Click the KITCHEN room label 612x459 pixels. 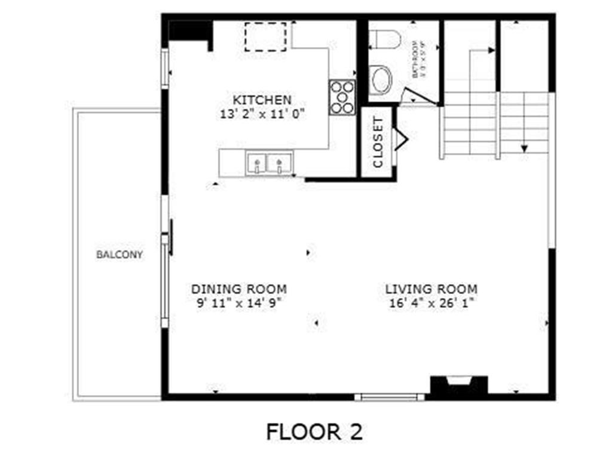point(262,100)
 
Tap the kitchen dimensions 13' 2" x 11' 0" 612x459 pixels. point(262,113)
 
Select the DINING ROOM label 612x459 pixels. point(238,289)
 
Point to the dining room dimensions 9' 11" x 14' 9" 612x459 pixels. point(238,302)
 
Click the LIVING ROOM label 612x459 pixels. point(431,289)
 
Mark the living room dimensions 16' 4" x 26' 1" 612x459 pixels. point(431,303)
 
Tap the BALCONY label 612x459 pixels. point(120,255)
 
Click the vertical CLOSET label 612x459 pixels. point(377,142)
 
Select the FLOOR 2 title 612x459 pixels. point(314,431)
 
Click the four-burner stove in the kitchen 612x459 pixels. point(342,97)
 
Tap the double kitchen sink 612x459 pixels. point(269,163)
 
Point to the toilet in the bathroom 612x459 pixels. point(384,39)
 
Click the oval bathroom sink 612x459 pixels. point(381,80)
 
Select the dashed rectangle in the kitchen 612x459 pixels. point(265,36)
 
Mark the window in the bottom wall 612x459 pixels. point(389,397)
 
